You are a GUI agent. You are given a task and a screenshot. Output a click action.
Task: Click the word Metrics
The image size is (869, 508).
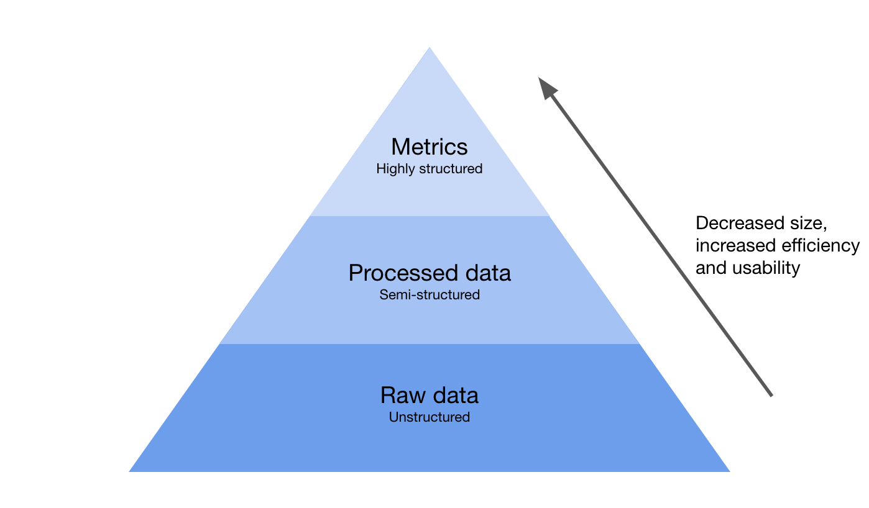tap(429, 147)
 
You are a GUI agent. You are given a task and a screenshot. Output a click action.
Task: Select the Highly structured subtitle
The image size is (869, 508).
tap(429, 169)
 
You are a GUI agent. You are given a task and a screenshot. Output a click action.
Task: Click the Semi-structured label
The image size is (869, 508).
tap(430, 295)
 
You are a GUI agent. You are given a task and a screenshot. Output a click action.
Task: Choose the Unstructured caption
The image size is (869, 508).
tap(430, 417)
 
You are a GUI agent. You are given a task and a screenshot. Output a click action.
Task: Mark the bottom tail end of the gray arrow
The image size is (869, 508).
tap(771, 395)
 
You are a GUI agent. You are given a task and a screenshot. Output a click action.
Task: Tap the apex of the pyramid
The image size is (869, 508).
tap(430, 48)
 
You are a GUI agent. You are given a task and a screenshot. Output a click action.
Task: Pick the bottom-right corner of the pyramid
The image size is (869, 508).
tap(729, 471)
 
